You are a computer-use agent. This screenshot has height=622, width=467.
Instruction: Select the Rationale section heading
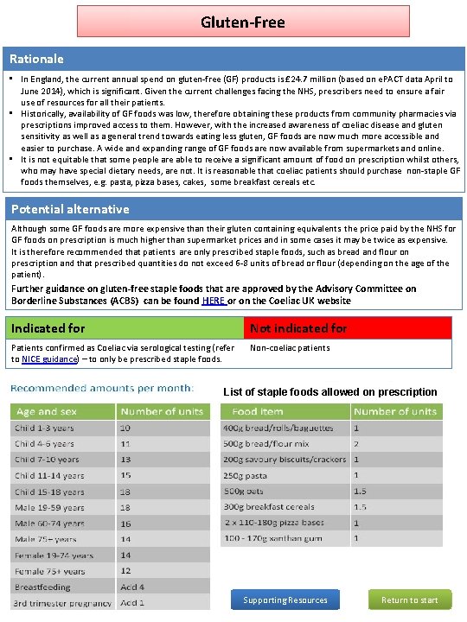pos(36,59)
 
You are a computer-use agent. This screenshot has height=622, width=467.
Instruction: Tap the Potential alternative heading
pos(70,209)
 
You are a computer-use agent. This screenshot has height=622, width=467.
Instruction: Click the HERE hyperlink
pos(213,301)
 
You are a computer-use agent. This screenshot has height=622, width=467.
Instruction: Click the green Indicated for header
pos(48,328)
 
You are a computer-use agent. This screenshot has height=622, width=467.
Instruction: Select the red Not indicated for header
pos(298,328)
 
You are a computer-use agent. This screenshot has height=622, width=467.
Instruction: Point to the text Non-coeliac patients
pos(290,348)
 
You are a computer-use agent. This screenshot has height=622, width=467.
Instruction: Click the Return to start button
pos(410,600)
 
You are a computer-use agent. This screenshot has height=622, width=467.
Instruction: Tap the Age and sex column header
pos(47,412)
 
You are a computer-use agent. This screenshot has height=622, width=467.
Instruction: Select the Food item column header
pos(257,412)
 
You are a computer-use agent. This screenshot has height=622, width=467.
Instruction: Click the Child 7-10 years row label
pos(47,460)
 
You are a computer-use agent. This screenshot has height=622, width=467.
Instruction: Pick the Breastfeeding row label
pos(42,587)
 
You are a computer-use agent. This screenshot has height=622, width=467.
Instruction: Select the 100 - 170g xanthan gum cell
pos(272,538)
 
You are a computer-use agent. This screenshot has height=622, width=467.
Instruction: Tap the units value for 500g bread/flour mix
pos(356,443)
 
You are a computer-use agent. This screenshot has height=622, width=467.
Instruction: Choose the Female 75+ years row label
pos(49,571)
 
